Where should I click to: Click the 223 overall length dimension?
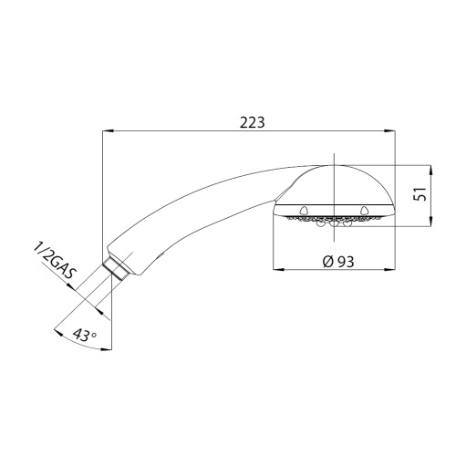tap(248, 122)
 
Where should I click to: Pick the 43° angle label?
tap(83, 335)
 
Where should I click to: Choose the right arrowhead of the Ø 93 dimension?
tap(393, 271)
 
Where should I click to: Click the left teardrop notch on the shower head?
tap(297, 211)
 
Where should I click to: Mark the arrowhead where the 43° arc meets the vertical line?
tap(101, 348)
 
